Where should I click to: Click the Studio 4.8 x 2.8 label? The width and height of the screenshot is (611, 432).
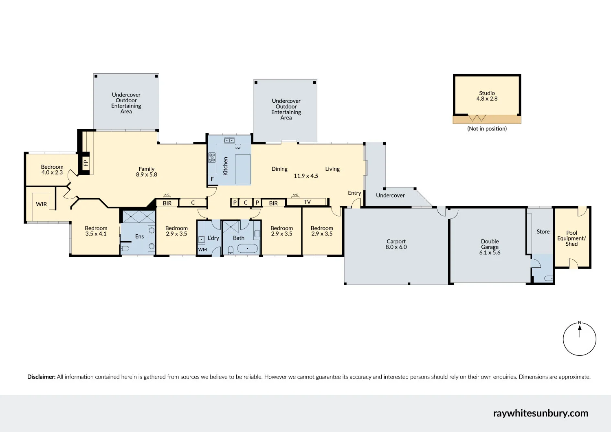tap(487, 96)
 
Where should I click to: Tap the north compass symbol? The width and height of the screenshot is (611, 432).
tap(580, 339)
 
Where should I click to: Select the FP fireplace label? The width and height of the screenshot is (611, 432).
tap(86, 163)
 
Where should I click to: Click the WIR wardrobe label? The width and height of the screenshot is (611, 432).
tap(42, 204)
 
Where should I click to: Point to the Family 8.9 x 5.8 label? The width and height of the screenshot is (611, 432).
tap(147, 172)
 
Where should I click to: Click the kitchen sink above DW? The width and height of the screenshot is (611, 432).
tap(229, 141)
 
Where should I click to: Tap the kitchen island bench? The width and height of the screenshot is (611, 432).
tap(243, 169)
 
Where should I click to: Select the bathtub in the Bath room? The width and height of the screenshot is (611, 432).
tap(247, 248)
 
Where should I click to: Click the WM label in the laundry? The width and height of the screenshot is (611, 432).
tap(202, 249)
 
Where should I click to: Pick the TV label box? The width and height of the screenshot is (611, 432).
tap(307, 202)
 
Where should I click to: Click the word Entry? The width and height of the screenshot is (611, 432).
tap(354, 193)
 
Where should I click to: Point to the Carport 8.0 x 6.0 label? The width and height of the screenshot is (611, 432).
tap(396, 244)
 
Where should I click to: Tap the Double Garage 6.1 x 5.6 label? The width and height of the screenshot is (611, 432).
tap(490, 247)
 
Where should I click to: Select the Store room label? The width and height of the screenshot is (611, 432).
tap(543, 231)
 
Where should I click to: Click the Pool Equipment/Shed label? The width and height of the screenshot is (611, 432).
tap(571, 238)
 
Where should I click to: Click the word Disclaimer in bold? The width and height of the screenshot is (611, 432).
tap(41, 377)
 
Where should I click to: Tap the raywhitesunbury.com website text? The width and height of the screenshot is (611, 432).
tap(541, 413)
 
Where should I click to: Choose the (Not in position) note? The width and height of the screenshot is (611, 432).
tap(487, 128)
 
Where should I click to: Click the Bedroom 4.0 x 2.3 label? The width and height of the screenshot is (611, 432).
tap(52, 170)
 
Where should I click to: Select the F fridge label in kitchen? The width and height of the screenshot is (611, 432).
tap(212, 179)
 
